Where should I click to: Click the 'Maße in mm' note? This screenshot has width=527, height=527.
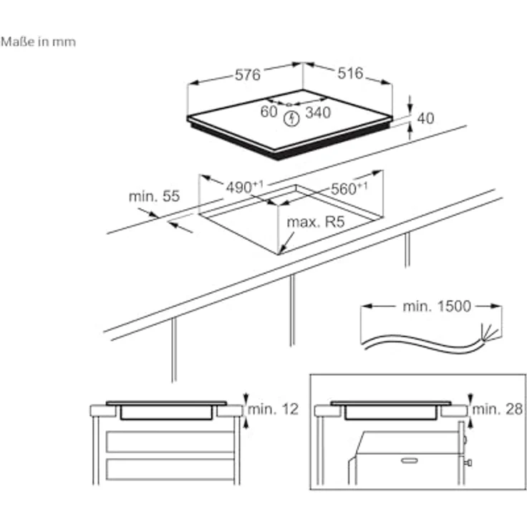click(39, 42)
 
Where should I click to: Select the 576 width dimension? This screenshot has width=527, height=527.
click(248, 74)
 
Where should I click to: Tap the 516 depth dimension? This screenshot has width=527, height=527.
click(350, 73)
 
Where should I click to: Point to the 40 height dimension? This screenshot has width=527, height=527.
click(425, 118)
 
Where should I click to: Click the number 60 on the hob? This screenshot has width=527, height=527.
click(269, 112)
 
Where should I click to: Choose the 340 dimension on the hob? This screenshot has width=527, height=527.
click(318, 112)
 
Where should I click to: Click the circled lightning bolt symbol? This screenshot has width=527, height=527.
click(291, 119)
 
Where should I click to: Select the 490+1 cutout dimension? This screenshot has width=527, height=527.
click(245, 187)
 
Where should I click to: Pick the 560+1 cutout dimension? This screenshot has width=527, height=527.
click(349, 188)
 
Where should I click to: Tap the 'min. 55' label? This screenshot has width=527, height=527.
click(154, 196)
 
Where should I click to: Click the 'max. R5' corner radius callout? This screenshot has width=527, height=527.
click(316, 222)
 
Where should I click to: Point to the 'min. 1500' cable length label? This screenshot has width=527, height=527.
click(437, 306)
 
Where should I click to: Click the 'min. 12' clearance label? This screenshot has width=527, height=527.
click(274, 409)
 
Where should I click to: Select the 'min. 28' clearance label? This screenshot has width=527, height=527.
click(498, 409)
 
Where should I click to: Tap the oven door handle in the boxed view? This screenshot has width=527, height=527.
click(410, 460)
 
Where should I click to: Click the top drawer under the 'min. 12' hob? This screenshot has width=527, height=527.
click(170, 442)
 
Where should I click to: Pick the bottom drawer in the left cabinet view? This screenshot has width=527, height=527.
click(170, 469)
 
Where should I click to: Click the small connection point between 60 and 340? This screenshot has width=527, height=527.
click(289, 105)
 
